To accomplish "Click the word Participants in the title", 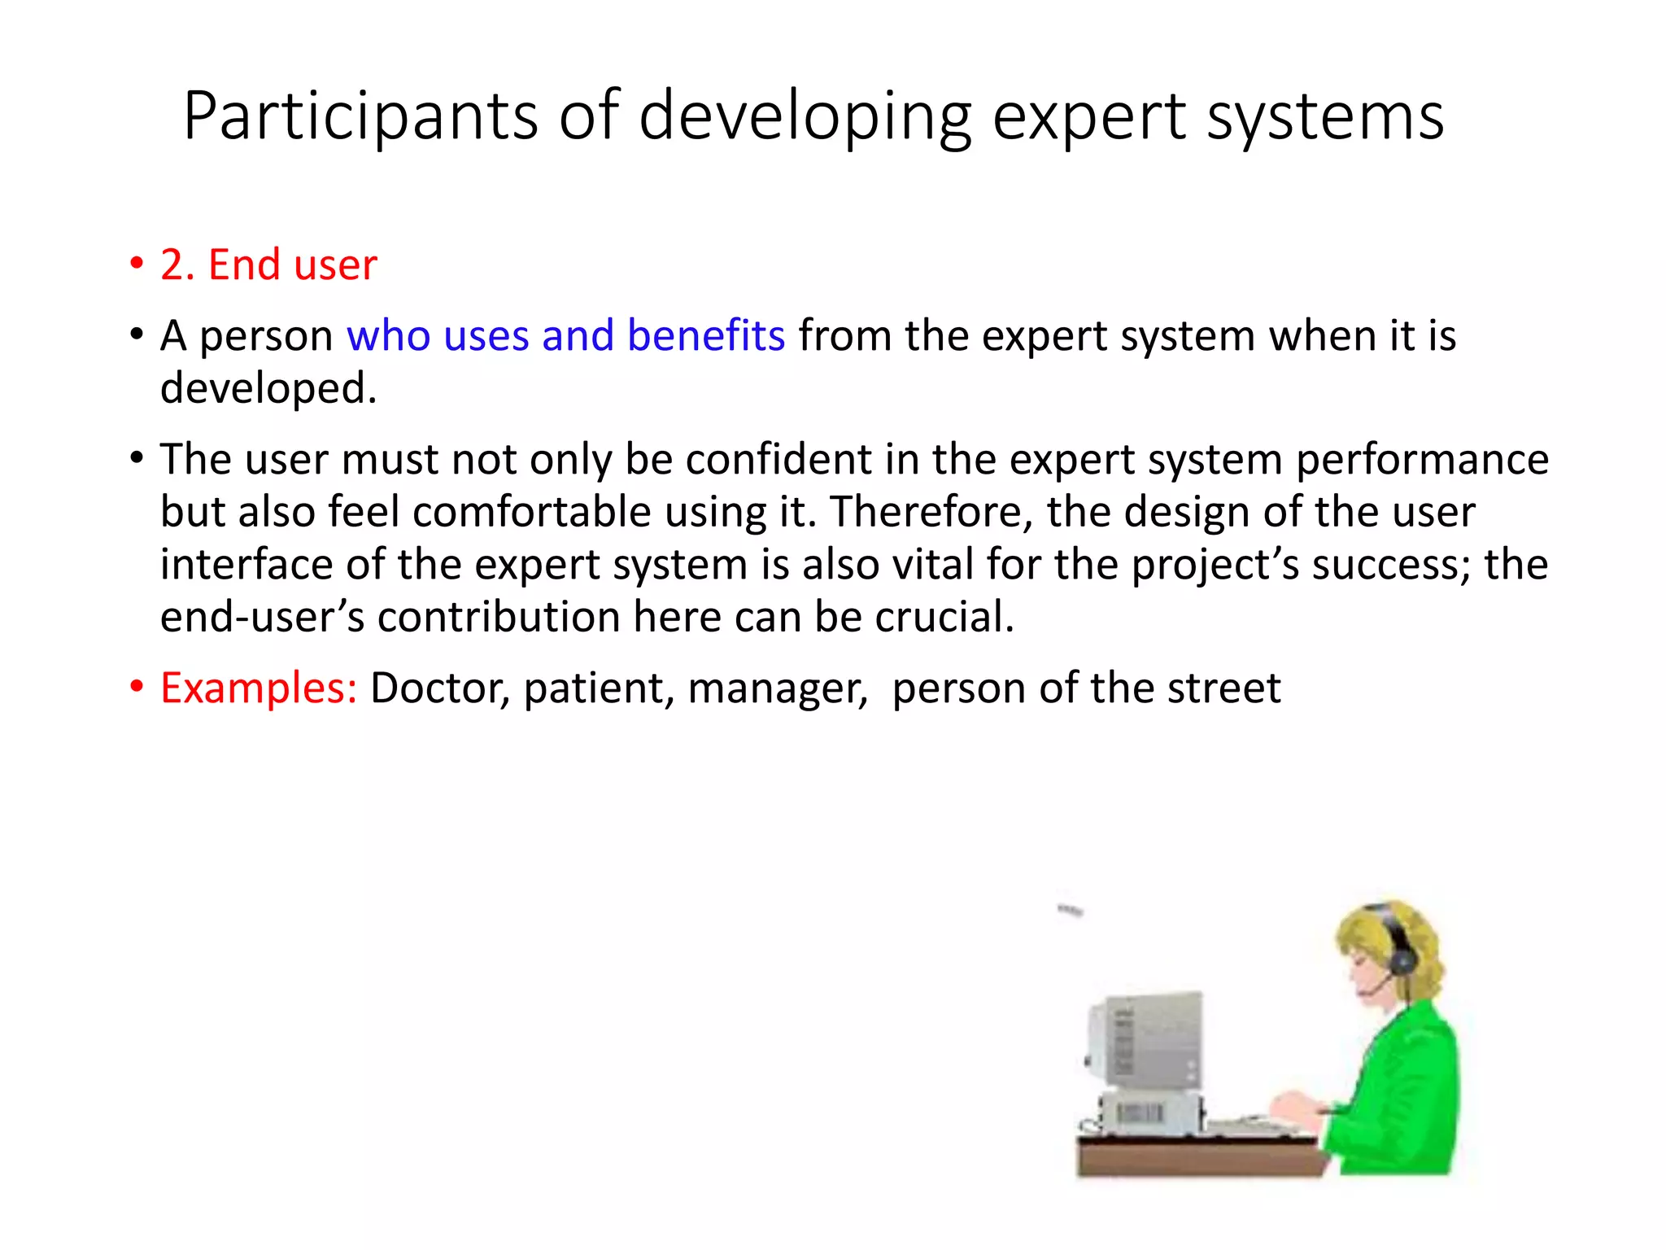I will [360, 117].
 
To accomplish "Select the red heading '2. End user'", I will [268, 264].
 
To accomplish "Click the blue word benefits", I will [705, 335].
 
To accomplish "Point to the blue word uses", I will [486, 335].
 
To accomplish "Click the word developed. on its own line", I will [268, 388].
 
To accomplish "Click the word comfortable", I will [531, 513].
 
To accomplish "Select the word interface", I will [246, 565].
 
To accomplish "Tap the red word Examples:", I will [258, 688].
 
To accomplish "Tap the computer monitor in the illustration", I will [1147, 1042].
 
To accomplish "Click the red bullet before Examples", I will [136, 687].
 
